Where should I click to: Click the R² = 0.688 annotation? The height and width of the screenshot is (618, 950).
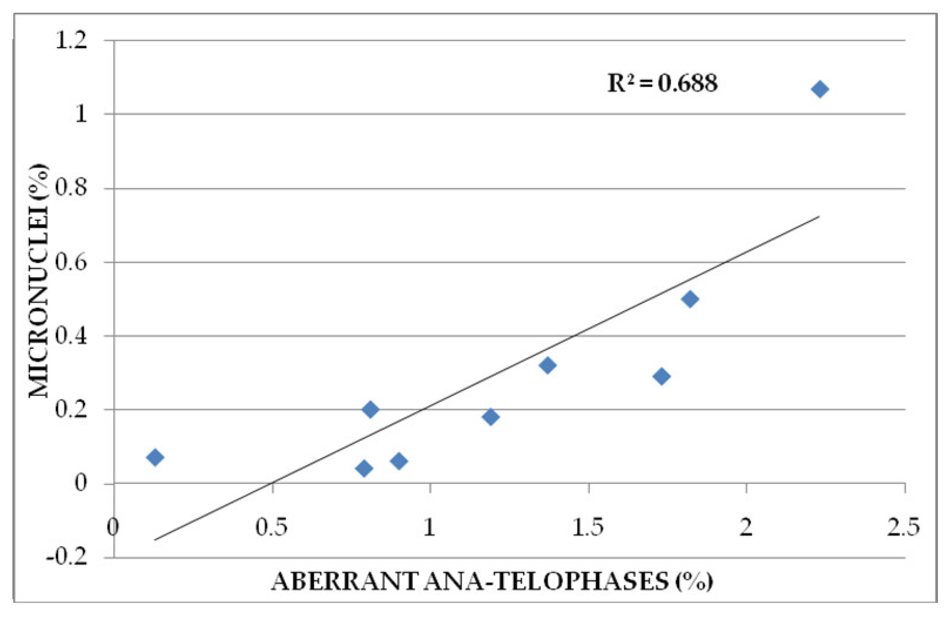coord(662,84)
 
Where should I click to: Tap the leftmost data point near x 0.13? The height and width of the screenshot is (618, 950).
coord(155,457)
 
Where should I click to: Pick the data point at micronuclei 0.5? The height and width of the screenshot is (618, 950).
coord(690,299)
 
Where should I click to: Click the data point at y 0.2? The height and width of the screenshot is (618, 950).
coord(370,409)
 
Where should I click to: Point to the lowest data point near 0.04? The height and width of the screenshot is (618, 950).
coord(364,468)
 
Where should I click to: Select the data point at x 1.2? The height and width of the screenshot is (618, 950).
coord(490,417)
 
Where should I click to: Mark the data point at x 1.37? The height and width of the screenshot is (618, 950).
coord(548,365)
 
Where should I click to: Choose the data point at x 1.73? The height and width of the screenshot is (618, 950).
coord(662,376)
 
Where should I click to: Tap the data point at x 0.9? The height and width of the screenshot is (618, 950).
coord(399,461)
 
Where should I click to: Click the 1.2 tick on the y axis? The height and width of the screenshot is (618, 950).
coord(71,41)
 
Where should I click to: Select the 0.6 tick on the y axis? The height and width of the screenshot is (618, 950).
coord(71,263)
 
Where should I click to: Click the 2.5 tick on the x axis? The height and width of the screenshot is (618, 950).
coord(903,527)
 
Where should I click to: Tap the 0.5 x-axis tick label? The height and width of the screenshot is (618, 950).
coord(271,527)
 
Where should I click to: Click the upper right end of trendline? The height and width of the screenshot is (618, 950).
coord(819,216)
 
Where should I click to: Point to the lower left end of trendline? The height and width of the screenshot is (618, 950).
coord(155,540)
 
